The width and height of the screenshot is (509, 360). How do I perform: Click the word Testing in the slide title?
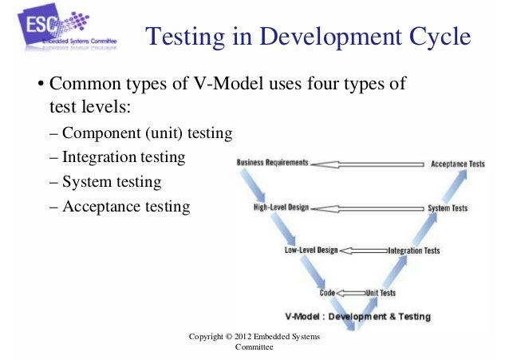point(187,38)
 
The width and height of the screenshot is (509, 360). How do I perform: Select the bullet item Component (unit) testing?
point(141,133)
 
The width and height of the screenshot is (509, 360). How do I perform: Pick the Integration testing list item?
point(118,158)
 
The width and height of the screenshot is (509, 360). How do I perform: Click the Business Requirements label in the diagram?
point(271,163)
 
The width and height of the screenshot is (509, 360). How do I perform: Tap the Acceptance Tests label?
point(457,164)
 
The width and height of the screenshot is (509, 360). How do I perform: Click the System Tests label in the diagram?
point(448,208)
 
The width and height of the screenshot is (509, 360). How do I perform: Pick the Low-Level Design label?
point(311,250)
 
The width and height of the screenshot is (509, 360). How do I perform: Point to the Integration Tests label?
point(413,251)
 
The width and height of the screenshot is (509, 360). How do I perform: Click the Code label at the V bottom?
point(327,293)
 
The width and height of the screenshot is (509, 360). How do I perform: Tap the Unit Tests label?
point(381,293)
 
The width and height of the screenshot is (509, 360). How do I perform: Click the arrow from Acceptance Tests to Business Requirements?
point(366,164)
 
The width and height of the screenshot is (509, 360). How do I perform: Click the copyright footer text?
point(254,342)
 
